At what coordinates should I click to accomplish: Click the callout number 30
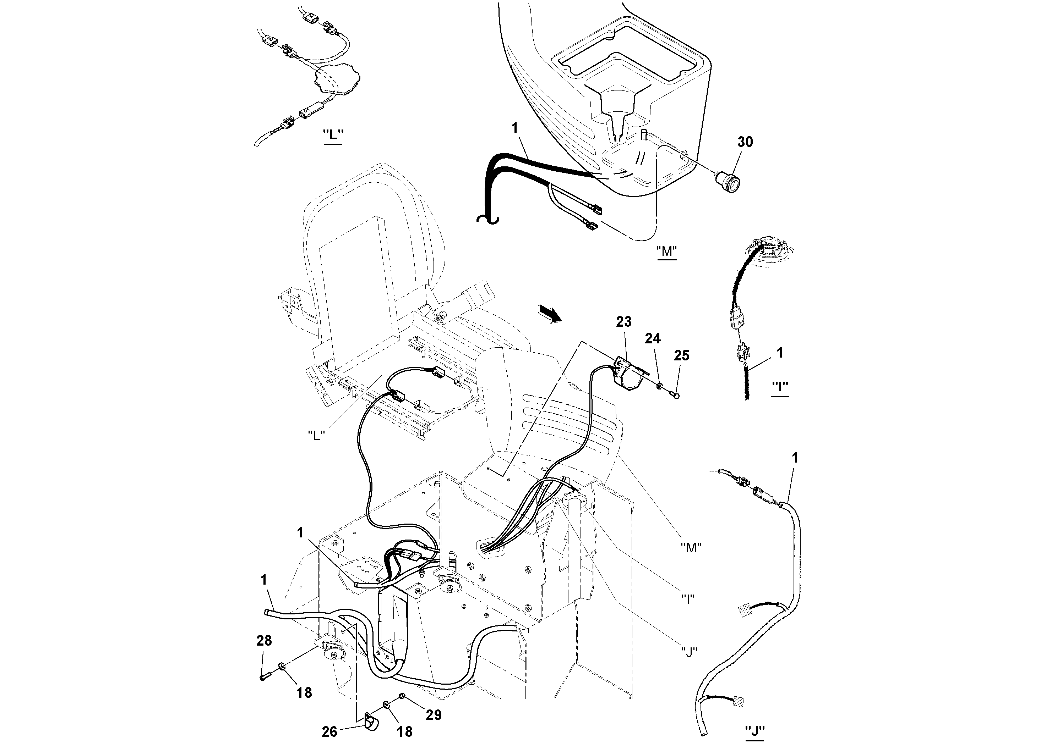coord(745,142)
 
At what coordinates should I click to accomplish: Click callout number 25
coord(681,355)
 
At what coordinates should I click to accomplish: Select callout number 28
coord(264,640)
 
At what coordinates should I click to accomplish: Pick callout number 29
coord(433,714)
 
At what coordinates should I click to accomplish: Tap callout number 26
coord(329,732)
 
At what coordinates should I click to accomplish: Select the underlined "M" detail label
coord(666,252)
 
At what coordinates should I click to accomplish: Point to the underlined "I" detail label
coord(779,388)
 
